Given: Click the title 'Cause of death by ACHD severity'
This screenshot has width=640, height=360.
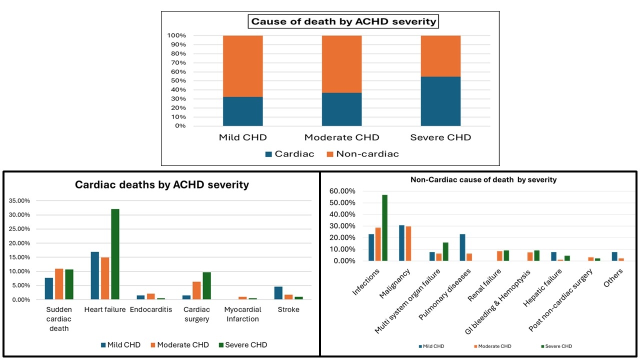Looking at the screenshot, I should tap(343, 21).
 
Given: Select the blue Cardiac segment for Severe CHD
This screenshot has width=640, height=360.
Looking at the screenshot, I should tap(440, 101).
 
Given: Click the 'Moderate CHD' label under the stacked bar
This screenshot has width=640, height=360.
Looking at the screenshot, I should tap(342, 137).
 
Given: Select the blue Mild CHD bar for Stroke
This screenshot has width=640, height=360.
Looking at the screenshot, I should tap(278, 293).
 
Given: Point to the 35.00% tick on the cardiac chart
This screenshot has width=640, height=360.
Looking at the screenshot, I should tap(19, 200).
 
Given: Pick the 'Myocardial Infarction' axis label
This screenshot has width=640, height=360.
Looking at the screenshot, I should tap(242, 314).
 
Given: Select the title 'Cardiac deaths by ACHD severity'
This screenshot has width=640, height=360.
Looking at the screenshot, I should tap(161, 184).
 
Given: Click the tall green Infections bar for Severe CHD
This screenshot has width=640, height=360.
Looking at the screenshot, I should tap(385, 227).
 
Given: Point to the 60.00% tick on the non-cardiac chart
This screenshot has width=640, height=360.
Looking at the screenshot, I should tap(341, 191).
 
